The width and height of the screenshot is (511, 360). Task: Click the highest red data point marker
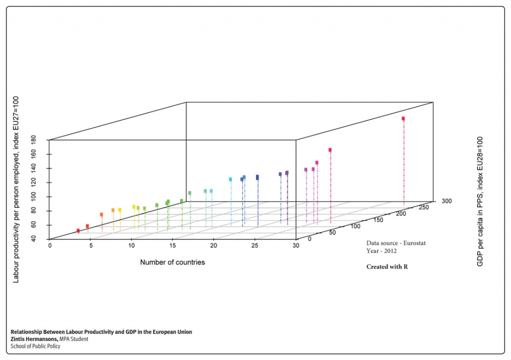[403, 119]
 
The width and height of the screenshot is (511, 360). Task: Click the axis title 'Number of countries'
[172, 262]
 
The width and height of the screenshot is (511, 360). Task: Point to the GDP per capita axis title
[480, 201]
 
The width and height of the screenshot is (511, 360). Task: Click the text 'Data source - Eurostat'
[396, 243]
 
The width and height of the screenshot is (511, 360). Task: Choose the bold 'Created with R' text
[387, 267]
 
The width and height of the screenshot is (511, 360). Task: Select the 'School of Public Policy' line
[35, 346]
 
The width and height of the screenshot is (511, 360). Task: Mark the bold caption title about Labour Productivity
[101, 332]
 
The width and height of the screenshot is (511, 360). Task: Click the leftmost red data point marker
[78, 231]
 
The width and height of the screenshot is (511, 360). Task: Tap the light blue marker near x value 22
[231, 179]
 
